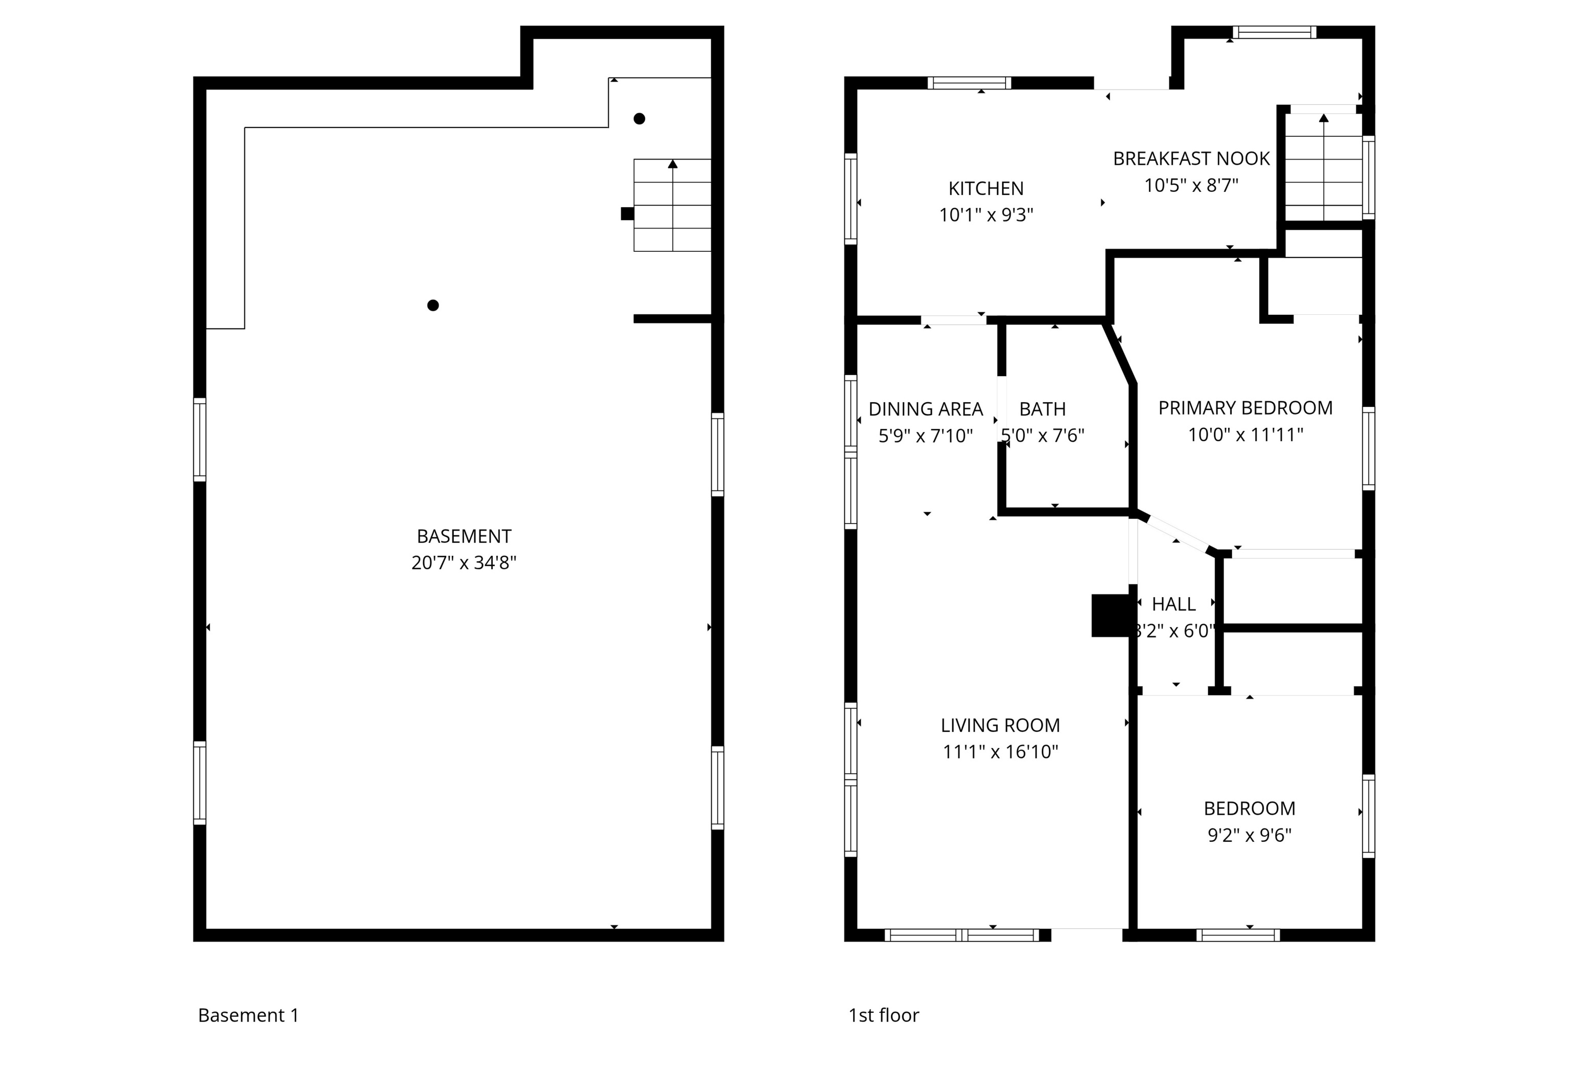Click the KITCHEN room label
coord(986,188)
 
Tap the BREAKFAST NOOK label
coord(1191,159)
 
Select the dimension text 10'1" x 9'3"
coord(986,215)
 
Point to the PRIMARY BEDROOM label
coord(1245,408)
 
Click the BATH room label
coord(1042,409)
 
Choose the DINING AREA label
coord(925,409)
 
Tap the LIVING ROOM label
coord(1000,725)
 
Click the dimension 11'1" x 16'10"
coord(1000,752)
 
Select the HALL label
coord(1173,604)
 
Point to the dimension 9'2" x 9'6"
coord(1249,835)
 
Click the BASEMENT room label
coord(464,536)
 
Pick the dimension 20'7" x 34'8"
coord(464,563)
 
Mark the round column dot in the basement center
coord(433,306)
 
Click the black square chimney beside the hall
coord(1111,616)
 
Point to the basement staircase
coord(672,205)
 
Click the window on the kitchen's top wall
coord(969,83)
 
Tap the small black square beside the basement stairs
coord(627,213)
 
